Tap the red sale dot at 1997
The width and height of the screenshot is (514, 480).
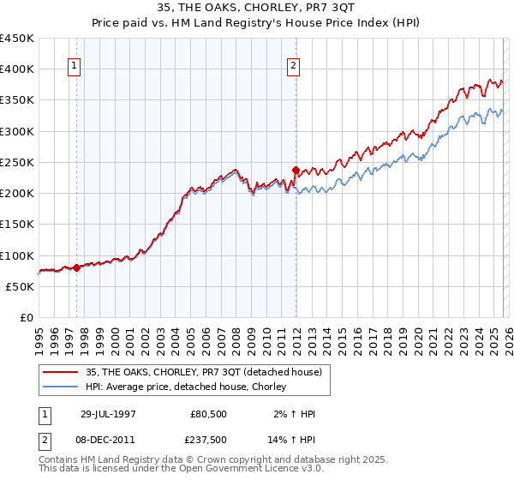coord(77,267)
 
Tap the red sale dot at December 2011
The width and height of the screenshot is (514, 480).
coord(296,170)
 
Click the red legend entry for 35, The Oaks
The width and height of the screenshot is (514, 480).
coord(204,372)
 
